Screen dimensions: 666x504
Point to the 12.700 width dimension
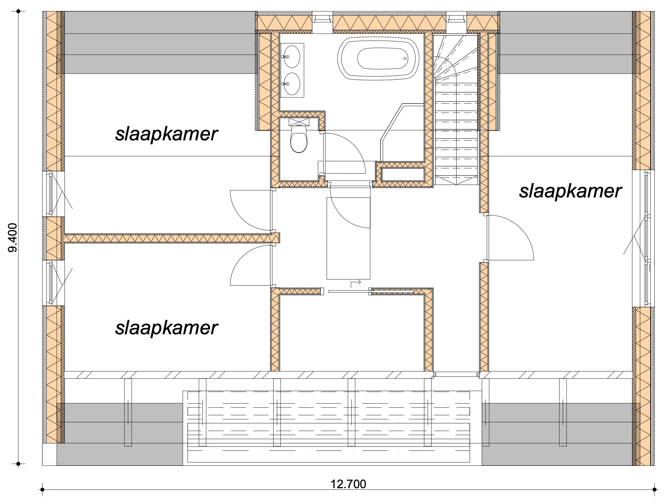[348, 484]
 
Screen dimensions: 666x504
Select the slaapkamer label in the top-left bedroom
[166, 134]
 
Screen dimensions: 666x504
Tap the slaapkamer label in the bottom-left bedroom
[166, 328]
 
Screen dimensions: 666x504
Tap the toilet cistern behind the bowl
[299, 122]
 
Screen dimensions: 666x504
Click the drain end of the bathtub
[405, 58]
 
